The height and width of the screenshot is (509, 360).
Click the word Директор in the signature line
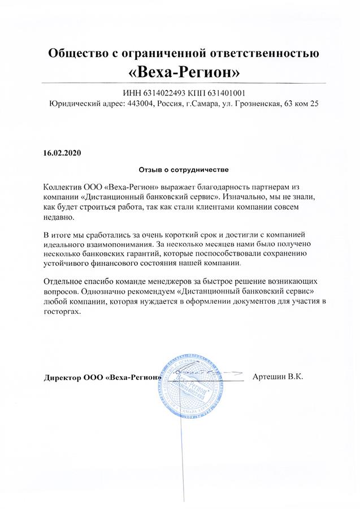pyautogui.click(x=62, y=378)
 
